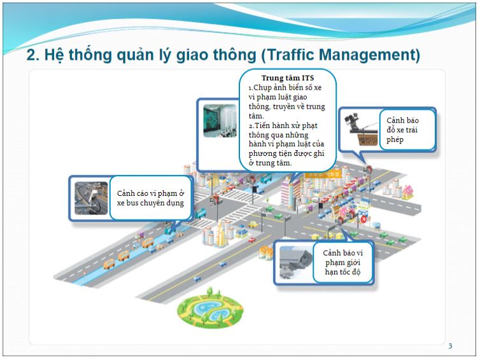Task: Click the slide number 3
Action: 450,346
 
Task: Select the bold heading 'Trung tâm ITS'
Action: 288,78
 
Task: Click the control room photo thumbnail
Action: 220,120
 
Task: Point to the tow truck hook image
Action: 362,129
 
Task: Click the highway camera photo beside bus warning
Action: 91,198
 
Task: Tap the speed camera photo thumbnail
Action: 296,263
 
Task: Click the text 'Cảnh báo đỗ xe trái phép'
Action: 402,130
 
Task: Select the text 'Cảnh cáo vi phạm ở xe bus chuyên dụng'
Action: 150,198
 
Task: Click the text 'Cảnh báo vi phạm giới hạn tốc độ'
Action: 342,263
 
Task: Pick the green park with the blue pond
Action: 210,309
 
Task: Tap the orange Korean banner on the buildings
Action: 323,175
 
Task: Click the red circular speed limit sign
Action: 364,219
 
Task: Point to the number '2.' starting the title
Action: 32,55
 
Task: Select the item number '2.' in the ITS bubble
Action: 251,126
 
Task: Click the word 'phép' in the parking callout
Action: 395,140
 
